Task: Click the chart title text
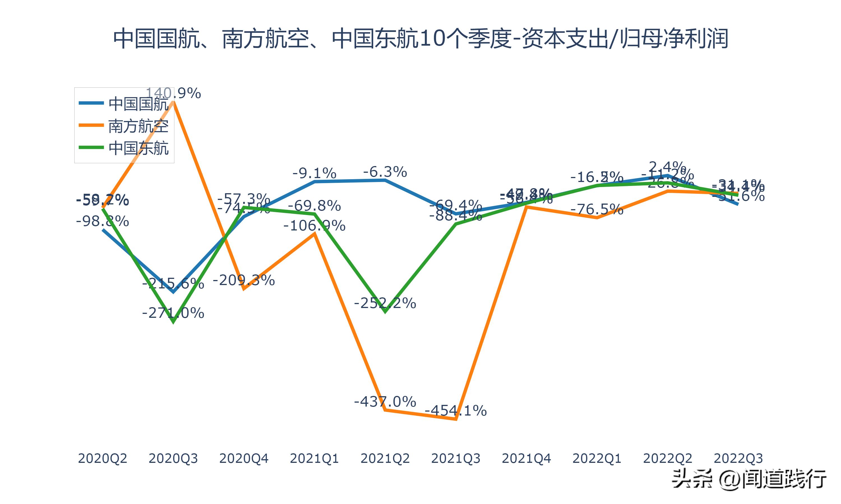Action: coord(420,38)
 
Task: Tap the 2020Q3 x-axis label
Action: coord(173,458)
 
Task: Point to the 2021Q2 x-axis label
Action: coord(385,458)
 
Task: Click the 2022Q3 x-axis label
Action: coord(738,458)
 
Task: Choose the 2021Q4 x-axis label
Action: coord(526,458)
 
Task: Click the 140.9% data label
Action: coord(173,93)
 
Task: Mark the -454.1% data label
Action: coord(456,411)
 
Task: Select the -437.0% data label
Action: coord(385,402)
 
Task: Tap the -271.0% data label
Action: coord(173,313)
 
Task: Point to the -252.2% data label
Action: coord(385,303)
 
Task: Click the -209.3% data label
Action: coord(244,280)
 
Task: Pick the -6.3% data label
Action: coord(385,172)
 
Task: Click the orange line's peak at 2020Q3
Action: coord(173,101)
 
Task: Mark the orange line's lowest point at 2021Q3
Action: coord(456,419)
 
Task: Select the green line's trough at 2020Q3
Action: coord(173,322)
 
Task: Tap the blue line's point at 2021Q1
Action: coord(315,182)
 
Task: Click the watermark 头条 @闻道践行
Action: coord(749,479)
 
